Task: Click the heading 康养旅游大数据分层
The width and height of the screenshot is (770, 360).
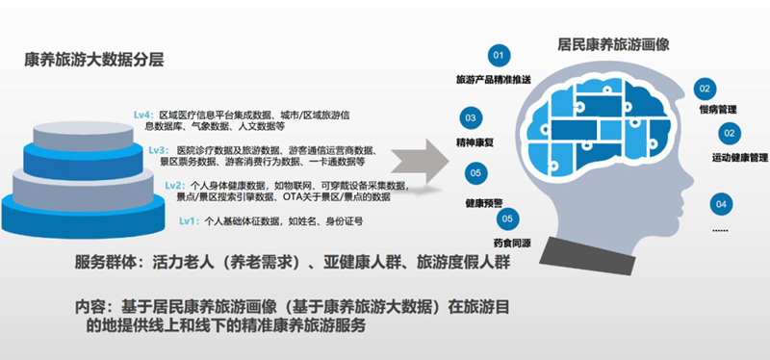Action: point(93,60)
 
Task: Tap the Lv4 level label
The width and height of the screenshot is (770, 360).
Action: point(143,115)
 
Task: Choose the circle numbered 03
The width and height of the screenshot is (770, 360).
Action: point(471,119)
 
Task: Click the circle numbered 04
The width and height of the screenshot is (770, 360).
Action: point(718,203)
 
